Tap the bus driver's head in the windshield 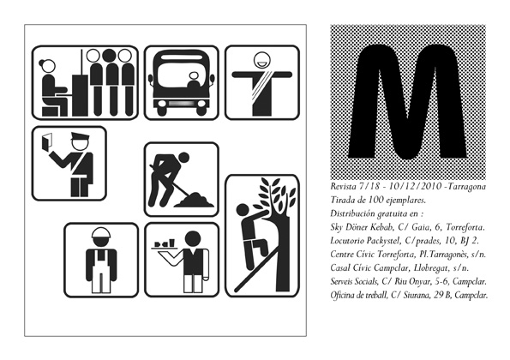(194, 76)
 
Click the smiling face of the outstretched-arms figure (261, 60)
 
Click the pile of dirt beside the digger (195, 200)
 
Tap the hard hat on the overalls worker (101, 233)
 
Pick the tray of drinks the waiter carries (165, 246)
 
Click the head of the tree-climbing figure (243, 210)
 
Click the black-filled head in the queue (109, 56)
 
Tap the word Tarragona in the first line (468, 187)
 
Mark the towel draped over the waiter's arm (206, 264)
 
